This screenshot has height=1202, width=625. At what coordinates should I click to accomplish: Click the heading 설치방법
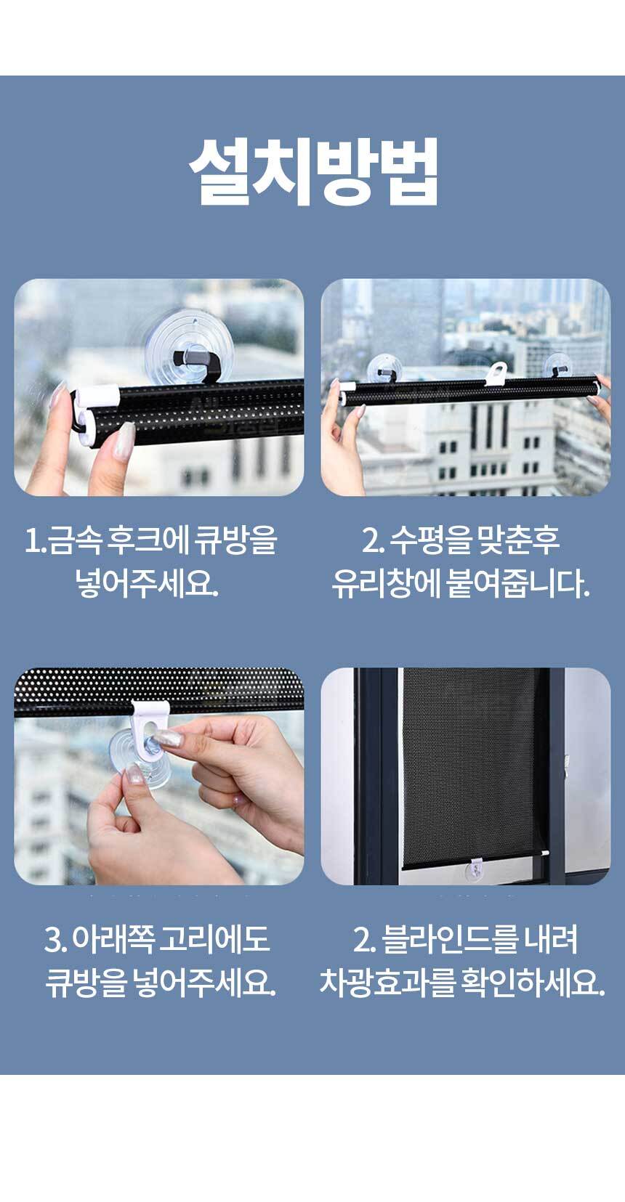click(313, 172)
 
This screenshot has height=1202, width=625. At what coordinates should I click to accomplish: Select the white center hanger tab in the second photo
click(496, 373)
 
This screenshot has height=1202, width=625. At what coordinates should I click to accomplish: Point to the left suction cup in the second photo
click(385, 368)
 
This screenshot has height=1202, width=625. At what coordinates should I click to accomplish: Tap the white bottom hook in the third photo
click(151, 724)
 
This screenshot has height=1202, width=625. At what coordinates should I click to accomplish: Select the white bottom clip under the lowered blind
click(476, 870)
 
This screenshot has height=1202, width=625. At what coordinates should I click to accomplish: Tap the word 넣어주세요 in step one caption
click(146, 583)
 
